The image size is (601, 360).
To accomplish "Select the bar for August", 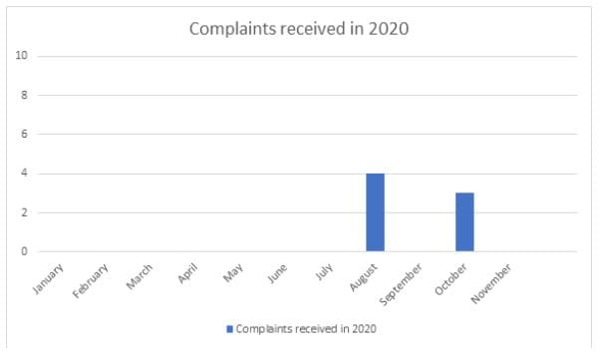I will pyautogui.click(x=375, y=212).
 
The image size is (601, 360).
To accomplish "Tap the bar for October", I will pyautogui.click(x=464, y=221).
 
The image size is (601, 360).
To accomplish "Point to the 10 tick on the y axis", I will pyautogui.click(x=20, y=56).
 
